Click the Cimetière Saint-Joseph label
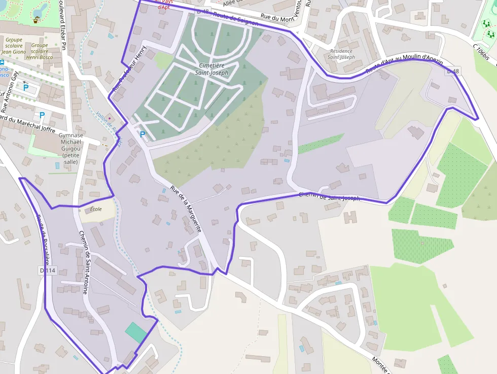tap(214, 69)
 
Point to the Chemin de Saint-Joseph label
tap(329, 196)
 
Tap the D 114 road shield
tap(48, 270)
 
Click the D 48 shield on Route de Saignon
tap(202, 11)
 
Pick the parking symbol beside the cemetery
tap(143, 134)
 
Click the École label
tap(95, 209)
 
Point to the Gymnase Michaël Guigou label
tap(70, 148)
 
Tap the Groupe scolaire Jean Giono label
tap(14, 45)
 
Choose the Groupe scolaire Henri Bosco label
tap(40, 51)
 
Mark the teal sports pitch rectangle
tap(136, 332)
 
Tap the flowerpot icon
tap(36, 21)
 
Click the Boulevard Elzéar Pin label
tap(63, 25)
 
